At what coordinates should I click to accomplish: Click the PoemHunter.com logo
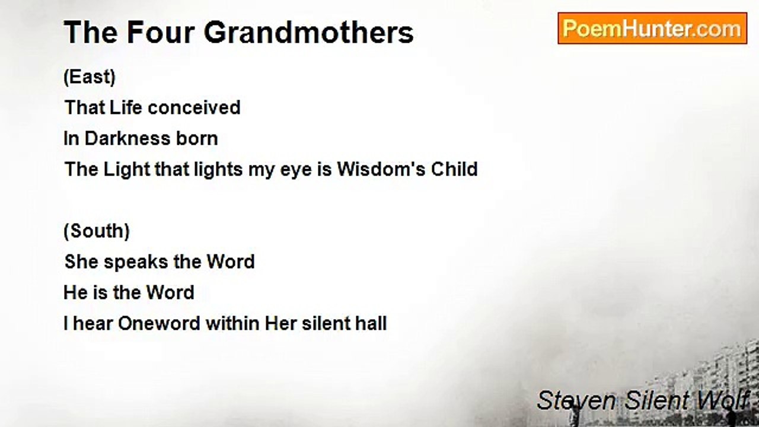[652, 28]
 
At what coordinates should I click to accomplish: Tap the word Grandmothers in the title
[308, 32]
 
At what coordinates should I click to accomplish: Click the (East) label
[90, 77]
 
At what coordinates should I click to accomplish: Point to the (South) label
[97, 231]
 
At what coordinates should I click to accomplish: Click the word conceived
[194, 108]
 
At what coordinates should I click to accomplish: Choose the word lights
[210, 170]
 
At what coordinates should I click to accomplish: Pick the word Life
[125, 108]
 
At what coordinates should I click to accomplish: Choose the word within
[232, 324]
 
